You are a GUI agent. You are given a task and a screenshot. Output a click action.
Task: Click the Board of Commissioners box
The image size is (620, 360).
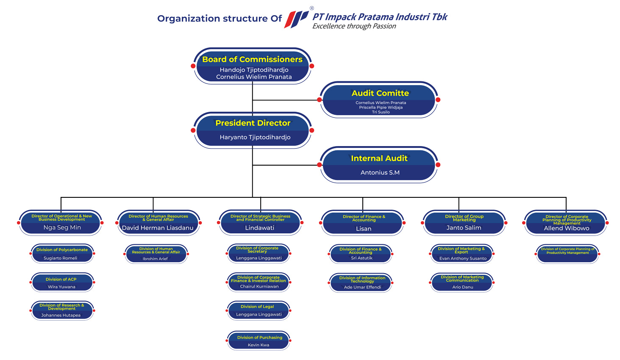coord(253,66)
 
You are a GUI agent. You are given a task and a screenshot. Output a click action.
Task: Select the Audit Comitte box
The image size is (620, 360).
coord(379,100)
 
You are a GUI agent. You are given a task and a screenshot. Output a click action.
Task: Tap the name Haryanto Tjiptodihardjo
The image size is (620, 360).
coord(255,137)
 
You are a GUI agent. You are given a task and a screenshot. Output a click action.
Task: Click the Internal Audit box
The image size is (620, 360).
coord(379,165)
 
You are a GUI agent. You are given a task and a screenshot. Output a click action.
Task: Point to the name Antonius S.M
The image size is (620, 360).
coord(380,172)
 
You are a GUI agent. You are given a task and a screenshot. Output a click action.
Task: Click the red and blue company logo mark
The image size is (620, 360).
coord(296,19)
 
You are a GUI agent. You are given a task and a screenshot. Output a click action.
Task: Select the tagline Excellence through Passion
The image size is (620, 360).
coord(354,26)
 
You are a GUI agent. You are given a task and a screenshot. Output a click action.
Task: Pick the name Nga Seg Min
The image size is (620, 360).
coord(62,227)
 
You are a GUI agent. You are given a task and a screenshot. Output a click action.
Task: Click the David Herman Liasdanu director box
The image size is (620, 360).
coord(158,222)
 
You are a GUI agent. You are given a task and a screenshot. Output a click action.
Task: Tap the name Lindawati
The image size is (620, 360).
coord(259,228)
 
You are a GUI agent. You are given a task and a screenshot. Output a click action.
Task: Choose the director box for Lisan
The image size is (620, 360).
coord(363,223)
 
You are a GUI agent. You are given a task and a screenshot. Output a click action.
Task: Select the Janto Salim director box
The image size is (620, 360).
coord(464,223)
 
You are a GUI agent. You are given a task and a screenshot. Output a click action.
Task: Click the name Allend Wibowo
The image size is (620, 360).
coord(566,228)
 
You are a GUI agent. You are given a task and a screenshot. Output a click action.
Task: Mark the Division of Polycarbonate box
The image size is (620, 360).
coord(62,254)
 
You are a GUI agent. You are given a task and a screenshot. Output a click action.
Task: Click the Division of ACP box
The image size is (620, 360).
coord(62,282)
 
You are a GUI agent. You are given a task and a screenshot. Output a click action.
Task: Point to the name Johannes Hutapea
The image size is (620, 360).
coord(61,315)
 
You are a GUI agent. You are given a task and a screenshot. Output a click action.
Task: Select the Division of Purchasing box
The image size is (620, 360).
coord(259,341)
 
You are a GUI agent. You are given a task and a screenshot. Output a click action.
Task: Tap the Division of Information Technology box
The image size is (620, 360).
coord(361,282)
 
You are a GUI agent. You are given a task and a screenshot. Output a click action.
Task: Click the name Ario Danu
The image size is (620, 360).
coord(462,287)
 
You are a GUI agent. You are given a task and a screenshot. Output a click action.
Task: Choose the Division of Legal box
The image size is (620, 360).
coord(259,310)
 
